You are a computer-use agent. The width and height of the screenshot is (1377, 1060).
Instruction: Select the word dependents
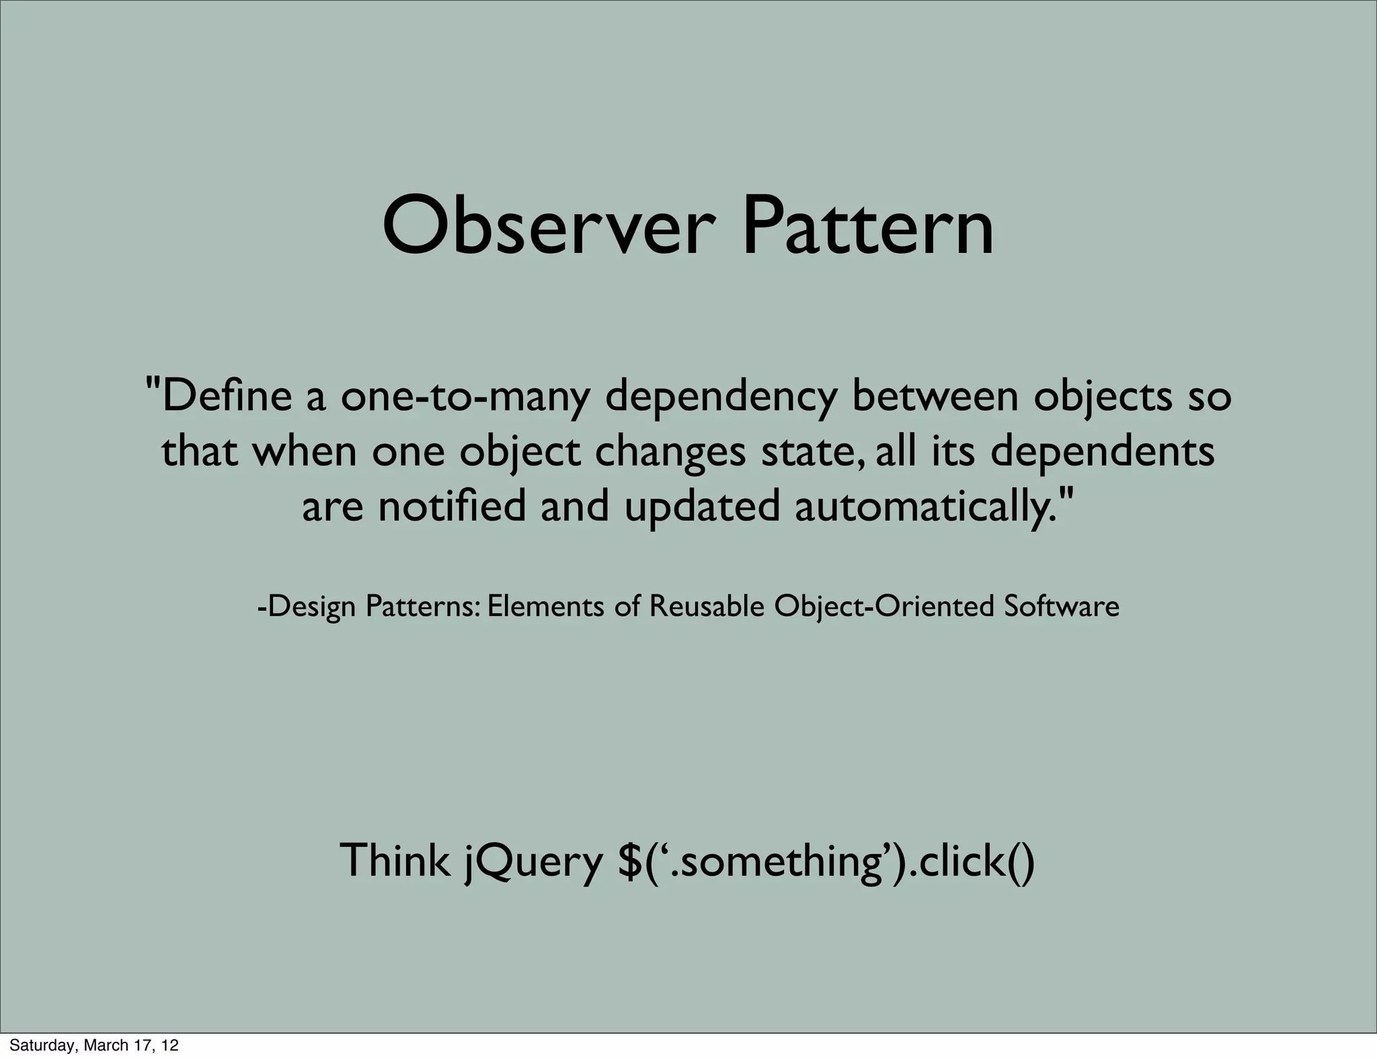(1103, 453)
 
